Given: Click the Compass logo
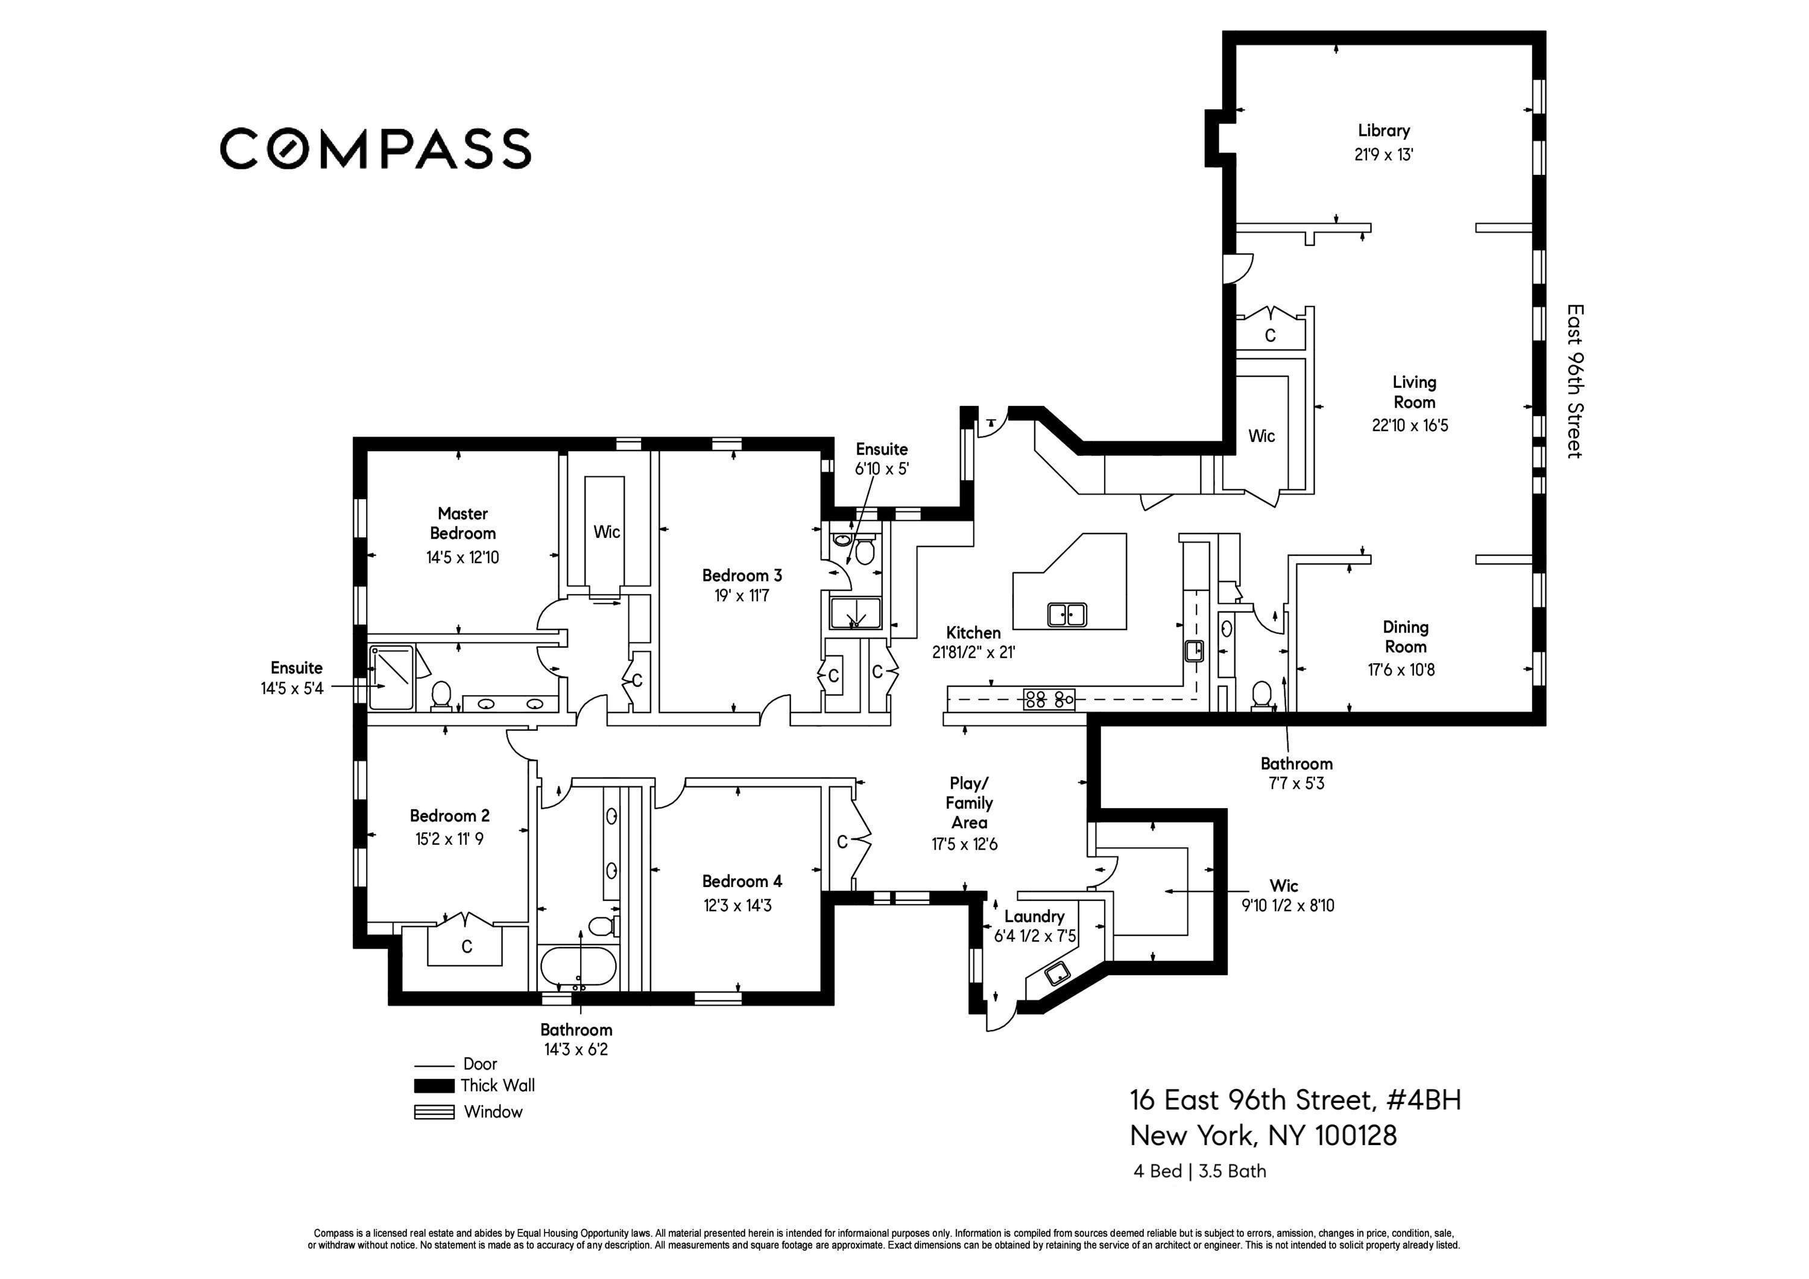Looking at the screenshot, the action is (375, 148).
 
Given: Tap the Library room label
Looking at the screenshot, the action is (1383, 131).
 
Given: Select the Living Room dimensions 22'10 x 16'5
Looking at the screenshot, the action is (1410, 426).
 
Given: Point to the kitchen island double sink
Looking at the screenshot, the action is (1067, 614).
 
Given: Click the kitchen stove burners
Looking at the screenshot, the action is (1049, 698).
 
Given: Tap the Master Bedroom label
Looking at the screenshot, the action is (463, 523).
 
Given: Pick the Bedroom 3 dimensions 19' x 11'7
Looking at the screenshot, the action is (742, 596).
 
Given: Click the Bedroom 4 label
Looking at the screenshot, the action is (742, 881).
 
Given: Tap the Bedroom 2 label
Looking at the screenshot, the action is (449, 816).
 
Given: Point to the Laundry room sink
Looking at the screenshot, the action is (1056, 975).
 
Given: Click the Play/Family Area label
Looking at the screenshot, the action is (968, 803).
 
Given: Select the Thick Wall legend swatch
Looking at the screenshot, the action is (434, 1086).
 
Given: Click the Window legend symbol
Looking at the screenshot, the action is (434, 1113).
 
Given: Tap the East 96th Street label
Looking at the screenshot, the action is (1574, 382).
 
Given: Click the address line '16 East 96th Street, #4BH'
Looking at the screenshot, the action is (1295, 1100).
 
